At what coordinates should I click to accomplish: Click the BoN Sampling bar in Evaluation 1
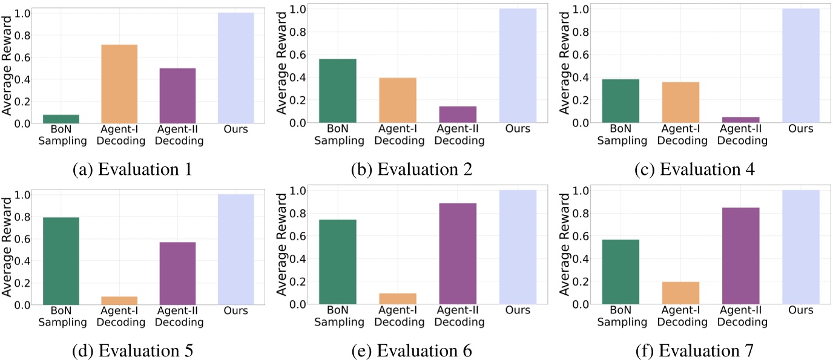(x=61, y=119)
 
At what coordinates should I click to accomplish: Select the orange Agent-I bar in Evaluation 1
(x=119, y=84)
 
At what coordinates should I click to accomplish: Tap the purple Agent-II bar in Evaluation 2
(x=458, y=114)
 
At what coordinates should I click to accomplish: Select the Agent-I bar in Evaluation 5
(x=119, y=300)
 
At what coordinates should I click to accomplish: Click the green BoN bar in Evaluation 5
(x=61, y=261)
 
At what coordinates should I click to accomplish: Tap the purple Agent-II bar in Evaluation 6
(x=458, y=254)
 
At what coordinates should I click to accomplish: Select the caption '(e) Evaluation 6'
(x=412, y=350)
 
